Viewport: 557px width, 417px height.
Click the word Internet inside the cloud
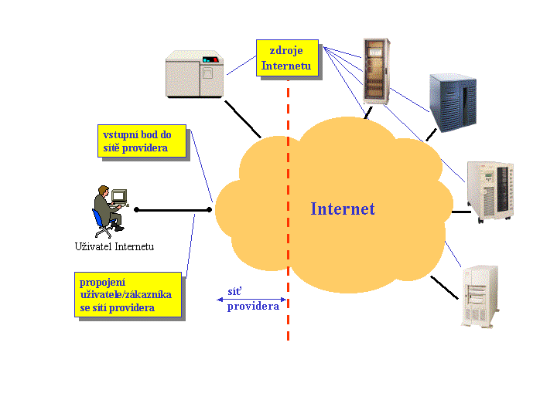point(343,208)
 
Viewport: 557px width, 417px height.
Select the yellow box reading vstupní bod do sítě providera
point(142,141)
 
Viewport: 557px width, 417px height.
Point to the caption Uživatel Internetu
point(114,246)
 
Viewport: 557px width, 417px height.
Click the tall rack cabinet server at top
point(376,70)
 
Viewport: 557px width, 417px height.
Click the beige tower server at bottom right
point(480,297)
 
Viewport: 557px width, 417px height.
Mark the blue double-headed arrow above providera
point(252,300)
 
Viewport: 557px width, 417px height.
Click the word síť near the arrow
point(234,291)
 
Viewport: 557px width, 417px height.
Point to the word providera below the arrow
point(253,307)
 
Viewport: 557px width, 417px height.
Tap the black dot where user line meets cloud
point(210,208)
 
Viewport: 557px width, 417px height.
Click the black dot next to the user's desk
point(136,209)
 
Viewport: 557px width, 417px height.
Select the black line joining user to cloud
point(173,209)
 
